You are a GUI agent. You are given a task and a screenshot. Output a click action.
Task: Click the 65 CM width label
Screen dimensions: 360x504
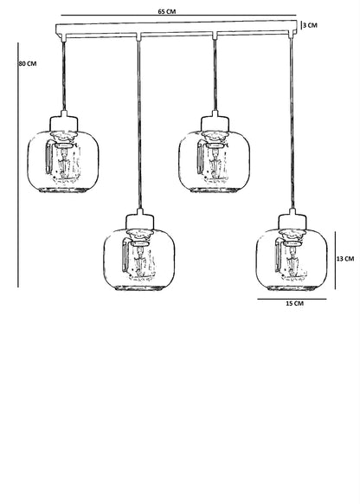pyautogui.click(x=167, y=11)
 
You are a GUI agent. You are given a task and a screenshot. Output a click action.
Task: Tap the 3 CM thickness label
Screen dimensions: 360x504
pyautogui.click(x=310, y=25)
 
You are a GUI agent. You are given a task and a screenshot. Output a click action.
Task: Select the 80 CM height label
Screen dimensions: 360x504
pyautogui.click(x=28, y=63)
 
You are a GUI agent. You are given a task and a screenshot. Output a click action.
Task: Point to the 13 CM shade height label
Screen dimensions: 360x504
pyautogui.click(x=345, y=258)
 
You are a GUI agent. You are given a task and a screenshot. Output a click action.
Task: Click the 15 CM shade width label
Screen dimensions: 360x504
pyautogui.click(x=294, y=303)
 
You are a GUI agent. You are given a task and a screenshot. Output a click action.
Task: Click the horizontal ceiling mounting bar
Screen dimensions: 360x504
pyautogui.click(x=177, y=29)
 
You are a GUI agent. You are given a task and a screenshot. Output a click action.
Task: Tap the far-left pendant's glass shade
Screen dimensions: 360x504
pyautogui.click(x=63, y=161)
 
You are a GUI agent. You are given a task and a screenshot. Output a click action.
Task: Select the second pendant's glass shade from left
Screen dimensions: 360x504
pyautogui.click(x=138, y=260)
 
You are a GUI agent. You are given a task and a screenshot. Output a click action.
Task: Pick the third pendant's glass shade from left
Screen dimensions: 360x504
pyautogui.click(x=215, y=161)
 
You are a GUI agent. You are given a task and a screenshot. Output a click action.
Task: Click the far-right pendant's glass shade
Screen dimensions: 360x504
pyautogui.click(x=292, y=260)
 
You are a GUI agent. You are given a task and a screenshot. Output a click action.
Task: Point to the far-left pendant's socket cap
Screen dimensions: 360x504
pyautogui.click(x=63, y=121)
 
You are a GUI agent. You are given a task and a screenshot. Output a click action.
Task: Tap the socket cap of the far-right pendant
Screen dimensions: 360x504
pyautogui.click(x=292, y=220)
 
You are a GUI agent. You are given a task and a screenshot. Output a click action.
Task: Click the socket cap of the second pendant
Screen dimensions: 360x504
pyautogui.click(x=139, y=220)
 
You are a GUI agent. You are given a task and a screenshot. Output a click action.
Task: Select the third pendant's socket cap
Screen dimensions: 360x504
pyautogui.click(x=215, y=121)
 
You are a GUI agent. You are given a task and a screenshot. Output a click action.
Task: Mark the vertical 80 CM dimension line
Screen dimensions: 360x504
pyautogui.click(x=18, y=165)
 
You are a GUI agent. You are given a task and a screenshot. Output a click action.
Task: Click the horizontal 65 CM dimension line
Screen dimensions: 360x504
pyautogui.click(x=178, y=15)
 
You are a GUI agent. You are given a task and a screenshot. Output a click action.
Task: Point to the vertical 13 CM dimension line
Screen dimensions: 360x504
pyautogui.click(x=335, y=261)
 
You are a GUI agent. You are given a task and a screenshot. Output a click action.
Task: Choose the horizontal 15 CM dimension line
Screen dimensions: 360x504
pyautogui.click(x=292, y=299)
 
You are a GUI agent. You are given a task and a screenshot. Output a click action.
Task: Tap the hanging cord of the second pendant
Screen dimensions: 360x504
pyautogui.click(x=139, y=125)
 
